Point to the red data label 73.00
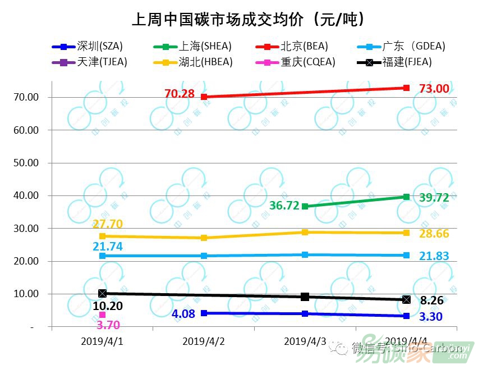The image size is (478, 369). coord(434,89)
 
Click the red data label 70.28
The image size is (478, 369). coord(180,94)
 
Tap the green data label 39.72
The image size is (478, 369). coord(434,197)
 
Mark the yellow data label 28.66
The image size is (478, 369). coord(434,234)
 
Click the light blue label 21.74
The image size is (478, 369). coord(108,246)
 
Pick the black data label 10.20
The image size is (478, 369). coord(108,306)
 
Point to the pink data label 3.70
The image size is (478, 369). coord(108,324)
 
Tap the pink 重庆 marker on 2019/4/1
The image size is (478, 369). coord(102,315)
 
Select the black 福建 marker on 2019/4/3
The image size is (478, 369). coord(305,297)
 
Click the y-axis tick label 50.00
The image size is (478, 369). coord(26,163)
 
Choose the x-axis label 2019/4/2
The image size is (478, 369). coord(204,341)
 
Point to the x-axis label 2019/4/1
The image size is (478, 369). coord(102,341)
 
